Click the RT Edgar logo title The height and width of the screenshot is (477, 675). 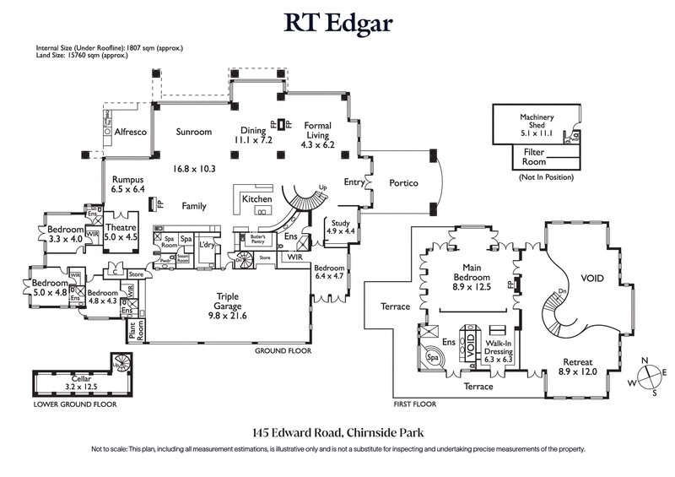coord(337,23)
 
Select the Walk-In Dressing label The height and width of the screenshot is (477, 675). coord(497,350)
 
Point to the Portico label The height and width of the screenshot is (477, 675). coord(403,183)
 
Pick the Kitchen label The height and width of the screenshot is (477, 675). coord(256,199)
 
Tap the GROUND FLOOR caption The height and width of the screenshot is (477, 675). coord(283,350)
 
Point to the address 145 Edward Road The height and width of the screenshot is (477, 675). coord(337,432)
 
